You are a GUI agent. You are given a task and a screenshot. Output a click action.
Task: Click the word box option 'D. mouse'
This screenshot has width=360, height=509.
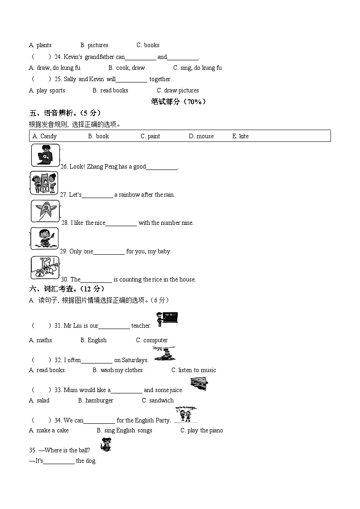coord(201,136)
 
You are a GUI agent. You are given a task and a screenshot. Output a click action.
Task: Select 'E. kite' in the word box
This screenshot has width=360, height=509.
coord(240,136)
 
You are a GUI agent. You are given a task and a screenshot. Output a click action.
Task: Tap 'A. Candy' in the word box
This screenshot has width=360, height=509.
coord(44,136)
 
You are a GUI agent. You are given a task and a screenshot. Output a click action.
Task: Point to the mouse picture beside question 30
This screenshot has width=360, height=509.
coord(45,267)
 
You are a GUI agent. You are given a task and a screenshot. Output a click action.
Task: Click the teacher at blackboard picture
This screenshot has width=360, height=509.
coord(166,319)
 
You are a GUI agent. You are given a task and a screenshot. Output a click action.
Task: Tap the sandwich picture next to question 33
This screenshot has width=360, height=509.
coord(199,384)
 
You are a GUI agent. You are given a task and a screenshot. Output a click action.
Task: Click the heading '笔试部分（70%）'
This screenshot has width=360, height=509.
coord(178,102)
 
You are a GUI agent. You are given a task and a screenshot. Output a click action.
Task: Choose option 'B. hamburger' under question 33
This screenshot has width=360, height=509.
coord(96,400)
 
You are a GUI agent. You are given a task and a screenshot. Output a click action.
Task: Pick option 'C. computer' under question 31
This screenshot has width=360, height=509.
coord(152,340)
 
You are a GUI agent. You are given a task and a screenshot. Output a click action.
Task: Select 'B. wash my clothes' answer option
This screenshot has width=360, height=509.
coord(117,370)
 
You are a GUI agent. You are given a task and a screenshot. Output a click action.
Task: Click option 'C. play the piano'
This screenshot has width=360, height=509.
coord(202,430)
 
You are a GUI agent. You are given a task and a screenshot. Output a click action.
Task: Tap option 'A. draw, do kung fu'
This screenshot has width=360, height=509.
coord(54,68)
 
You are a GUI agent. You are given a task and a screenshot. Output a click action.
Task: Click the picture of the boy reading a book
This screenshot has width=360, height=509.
coord(45,155)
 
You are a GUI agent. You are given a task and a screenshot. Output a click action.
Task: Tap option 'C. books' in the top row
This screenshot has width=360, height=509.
coord(148,45)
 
